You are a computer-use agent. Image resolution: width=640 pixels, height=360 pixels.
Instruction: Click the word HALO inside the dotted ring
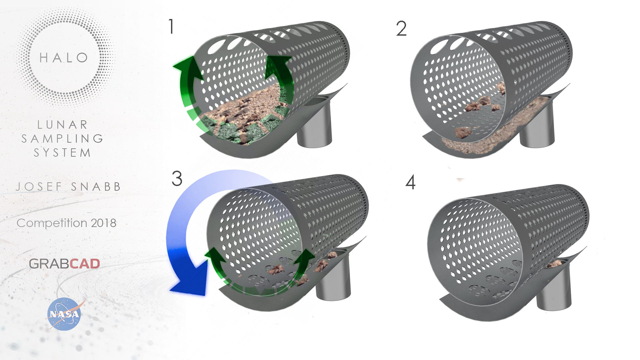click(x=64, y=58)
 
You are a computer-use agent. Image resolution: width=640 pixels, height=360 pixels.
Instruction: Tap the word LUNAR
click(x=63, y=125)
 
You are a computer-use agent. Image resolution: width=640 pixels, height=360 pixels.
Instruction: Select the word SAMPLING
click(x=62, y=138)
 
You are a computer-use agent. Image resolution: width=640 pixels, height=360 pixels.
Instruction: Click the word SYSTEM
click(x=62, y=152)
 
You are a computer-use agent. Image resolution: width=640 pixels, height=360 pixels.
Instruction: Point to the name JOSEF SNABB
click(x=68, y=187)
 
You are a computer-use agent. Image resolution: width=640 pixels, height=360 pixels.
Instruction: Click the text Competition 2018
click(x=66, y=223)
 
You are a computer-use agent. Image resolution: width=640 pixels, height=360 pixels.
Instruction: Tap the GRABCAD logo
click(x=64, y=264)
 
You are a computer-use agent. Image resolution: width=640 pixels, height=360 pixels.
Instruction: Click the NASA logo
click(x=64, y=314)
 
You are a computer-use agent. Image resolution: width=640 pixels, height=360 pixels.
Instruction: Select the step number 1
click(x=171, y=26)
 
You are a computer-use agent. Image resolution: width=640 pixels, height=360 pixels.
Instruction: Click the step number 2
click(x=401, y=28)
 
